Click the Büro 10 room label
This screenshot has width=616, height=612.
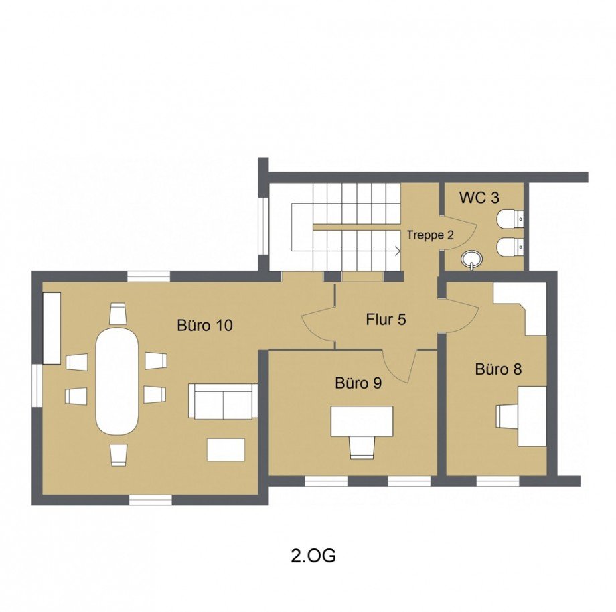[205, 325]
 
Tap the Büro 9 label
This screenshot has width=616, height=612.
[358, 383]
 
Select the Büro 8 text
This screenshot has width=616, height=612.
[498, 369]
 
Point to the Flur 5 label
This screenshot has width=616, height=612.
[386, 319]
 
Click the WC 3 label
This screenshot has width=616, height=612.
[479, 198]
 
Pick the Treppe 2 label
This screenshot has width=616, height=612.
[430, 235]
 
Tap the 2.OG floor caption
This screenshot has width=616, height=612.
[313, 556]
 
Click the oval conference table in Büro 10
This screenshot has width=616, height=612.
[117, 381]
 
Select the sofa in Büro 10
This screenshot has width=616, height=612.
[223, 401]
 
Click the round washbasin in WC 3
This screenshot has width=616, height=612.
[473, 259]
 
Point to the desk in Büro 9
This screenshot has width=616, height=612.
[362, 421]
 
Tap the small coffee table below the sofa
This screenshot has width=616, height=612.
[226, 449]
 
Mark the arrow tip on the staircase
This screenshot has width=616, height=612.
[400, 251]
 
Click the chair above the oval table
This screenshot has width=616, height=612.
[118, 313]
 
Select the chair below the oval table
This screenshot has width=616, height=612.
[119, 455]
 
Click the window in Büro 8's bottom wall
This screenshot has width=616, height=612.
[497, 481]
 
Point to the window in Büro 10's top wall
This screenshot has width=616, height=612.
[149, 276]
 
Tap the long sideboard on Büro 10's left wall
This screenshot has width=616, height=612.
[52, 328]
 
